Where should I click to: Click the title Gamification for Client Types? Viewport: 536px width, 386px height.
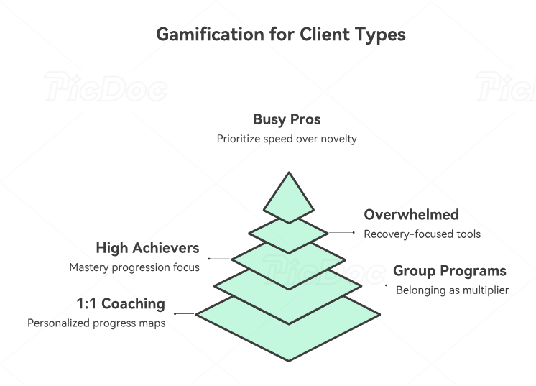point(280,35)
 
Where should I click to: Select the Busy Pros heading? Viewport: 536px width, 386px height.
point(287,119)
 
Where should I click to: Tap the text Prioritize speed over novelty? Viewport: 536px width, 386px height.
point(287,139)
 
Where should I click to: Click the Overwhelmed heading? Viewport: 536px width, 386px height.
point(411,215)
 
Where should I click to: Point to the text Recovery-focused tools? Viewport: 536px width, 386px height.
point(422,234)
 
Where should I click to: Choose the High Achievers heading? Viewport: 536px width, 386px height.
point(147,248)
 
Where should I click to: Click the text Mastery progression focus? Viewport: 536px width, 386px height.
point(134,267)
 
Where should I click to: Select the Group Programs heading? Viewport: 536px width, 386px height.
point(449,271)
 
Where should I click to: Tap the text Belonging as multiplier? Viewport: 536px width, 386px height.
point(452,290)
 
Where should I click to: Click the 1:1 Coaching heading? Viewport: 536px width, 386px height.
point(121,303)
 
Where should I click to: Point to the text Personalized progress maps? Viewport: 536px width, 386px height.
point(96,323)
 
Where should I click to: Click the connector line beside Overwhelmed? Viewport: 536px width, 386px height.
point(341,232)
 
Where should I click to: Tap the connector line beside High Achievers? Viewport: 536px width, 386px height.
point(220,258)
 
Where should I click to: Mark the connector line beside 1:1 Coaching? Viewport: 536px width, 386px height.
point(185,314)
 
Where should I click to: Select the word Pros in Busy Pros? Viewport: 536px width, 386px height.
point(305,119)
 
